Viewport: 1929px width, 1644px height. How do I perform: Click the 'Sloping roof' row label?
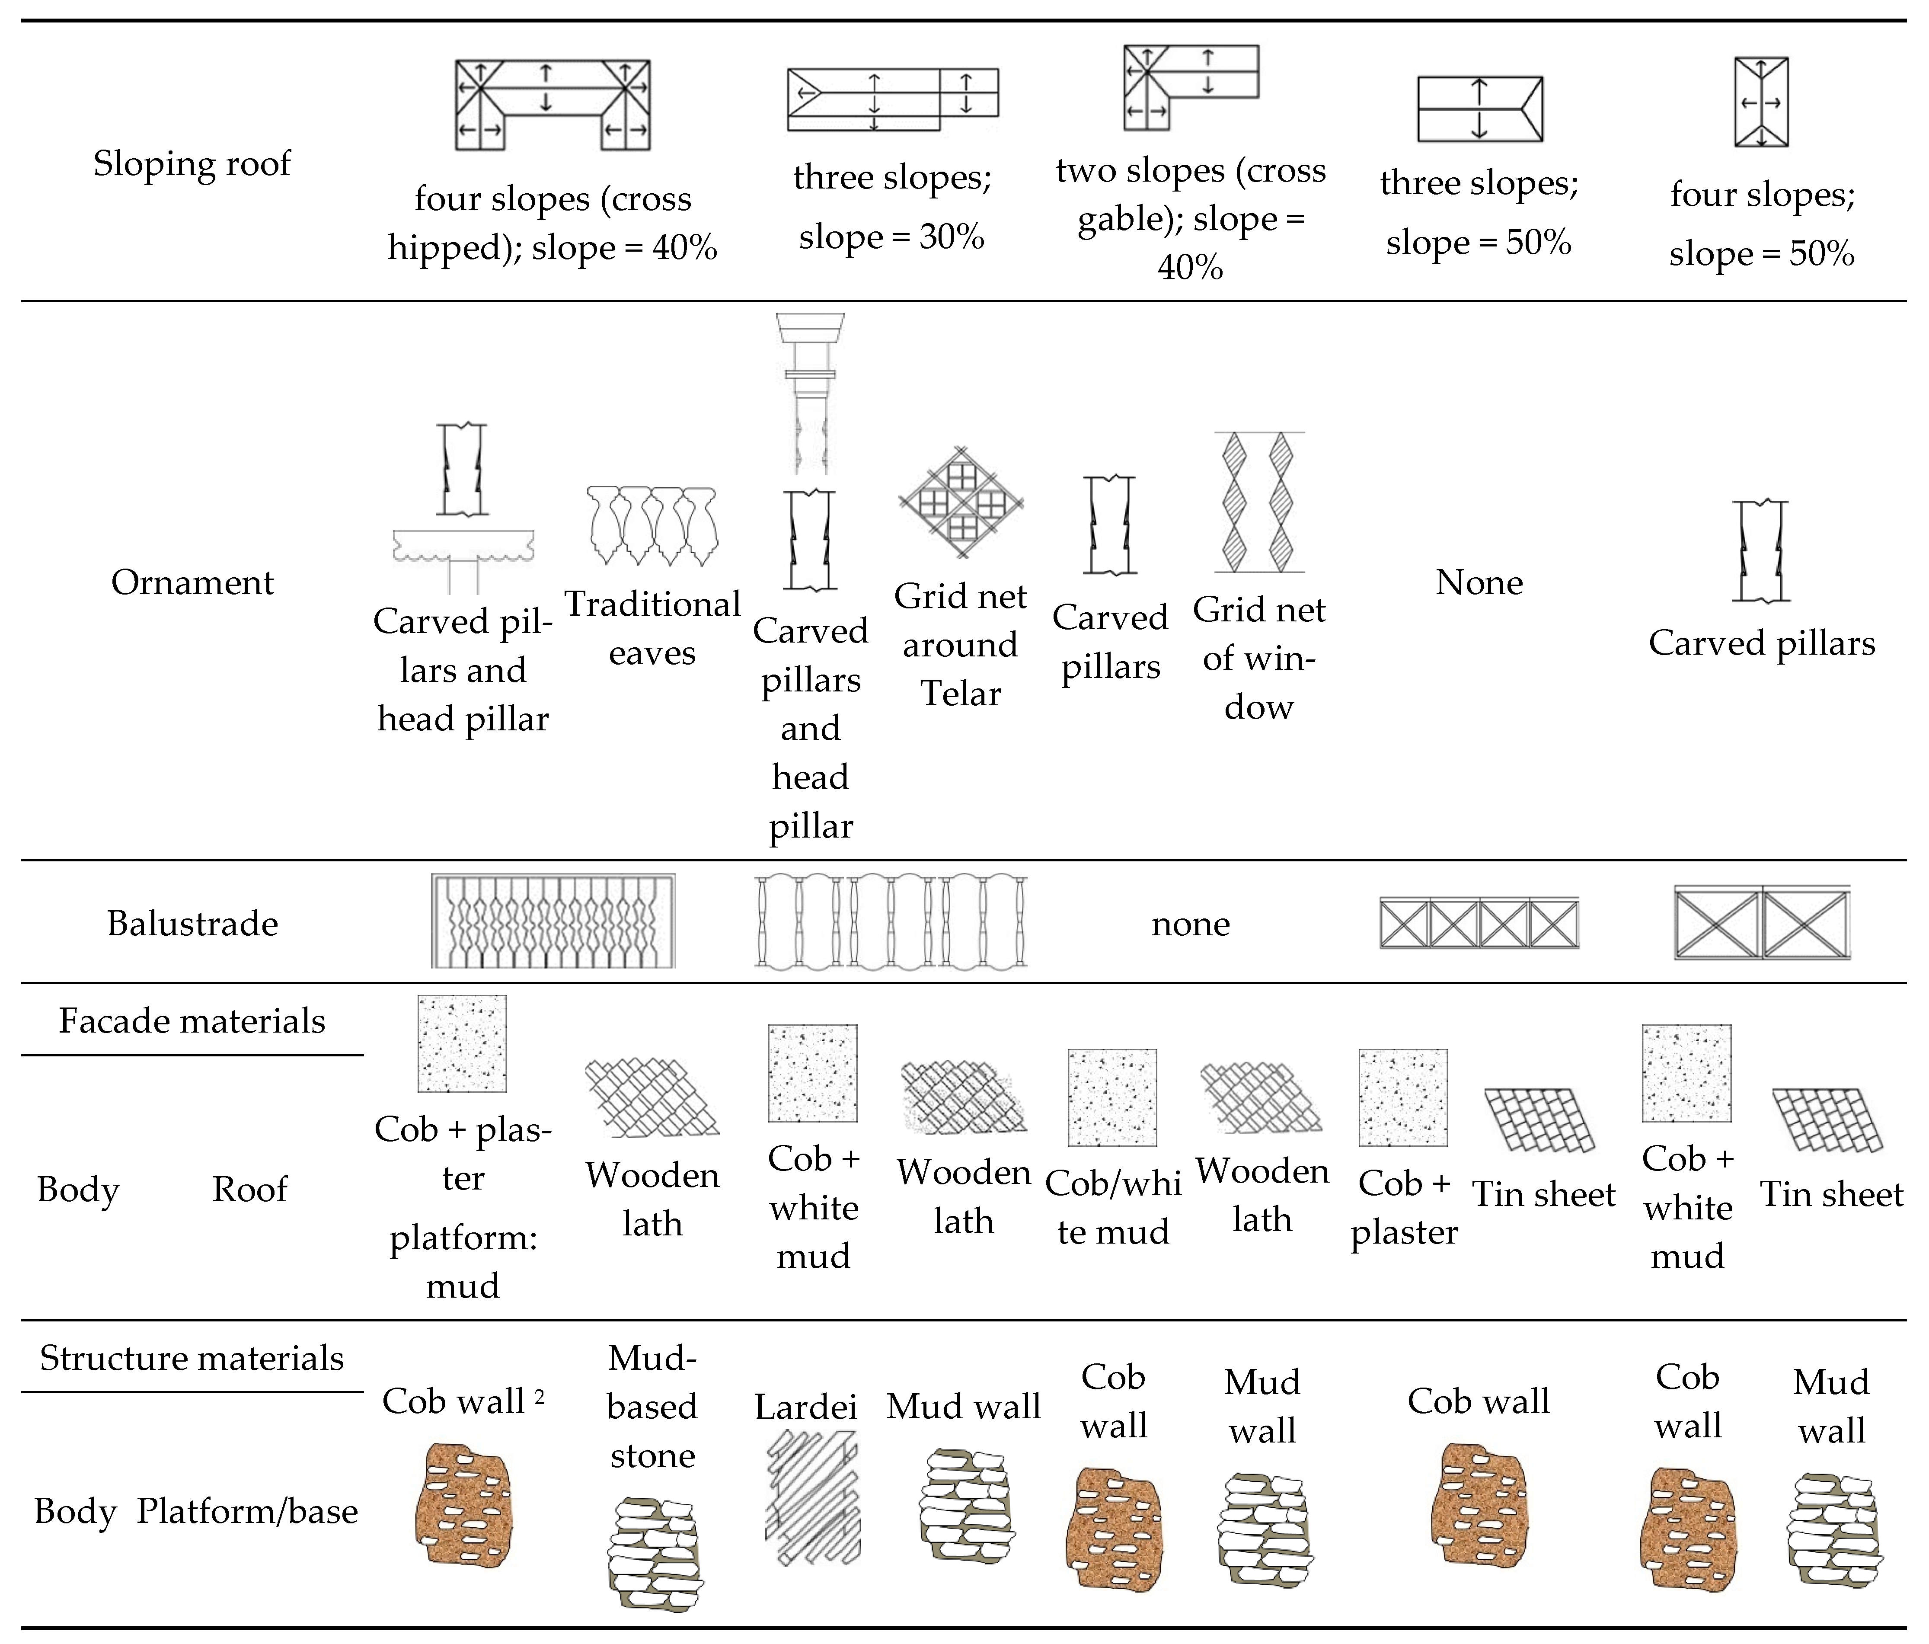(192, 163)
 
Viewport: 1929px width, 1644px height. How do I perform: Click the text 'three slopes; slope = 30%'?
(892, 207)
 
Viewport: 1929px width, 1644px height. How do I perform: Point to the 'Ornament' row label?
(192, 582)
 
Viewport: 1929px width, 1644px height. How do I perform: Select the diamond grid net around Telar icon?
(961, 503)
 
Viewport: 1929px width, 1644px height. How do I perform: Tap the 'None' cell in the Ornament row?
(1479, 582)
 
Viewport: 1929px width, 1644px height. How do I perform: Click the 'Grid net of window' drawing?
(1258, 502)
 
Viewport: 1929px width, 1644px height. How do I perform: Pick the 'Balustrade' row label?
(192, 924)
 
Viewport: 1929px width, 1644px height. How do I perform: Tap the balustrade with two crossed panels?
(1761, 923)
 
